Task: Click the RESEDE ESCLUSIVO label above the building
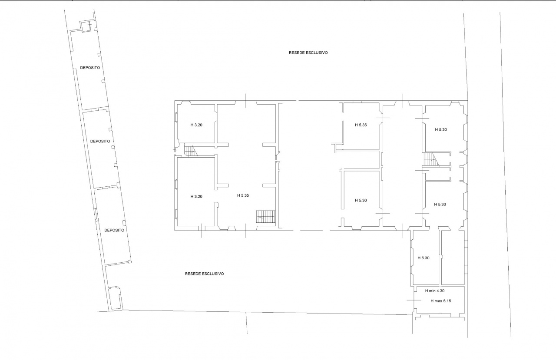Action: tap(308, 53)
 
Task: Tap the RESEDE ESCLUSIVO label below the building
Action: tap(204, 274)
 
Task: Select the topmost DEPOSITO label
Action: tap(90, 68)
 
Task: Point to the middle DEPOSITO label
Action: tap(100, 141)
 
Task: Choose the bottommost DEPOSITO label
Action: tap(114, 230)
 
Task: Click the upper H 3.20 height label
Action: tap(196, 125)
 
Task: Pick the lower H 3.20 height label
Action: tap(196, 196)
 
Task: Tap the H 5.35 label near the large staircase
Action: tap(243, 195)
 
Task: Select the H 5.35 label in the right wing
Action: tap(361, 125)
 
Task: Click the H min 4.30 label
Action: tap(435, 291)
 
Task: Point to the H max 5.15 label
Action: tap(440, 301)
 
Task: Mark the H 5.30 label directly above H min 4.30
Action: tap(424, 258)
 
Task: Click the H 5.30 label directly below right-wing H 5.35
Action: tap(361, 201)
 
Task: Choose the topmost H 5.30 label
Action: tap(441, 129)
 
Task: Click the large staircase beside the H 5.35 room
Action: tap(266, 217)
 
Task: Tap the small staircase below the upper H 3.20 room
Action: tap(191, 151)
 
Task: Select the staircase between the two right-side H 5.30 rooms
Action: tap(431, 159)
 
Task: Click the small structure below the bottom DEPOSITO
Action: tap(116, 298)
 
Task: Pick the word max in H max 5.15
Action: tap(439, 301)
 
